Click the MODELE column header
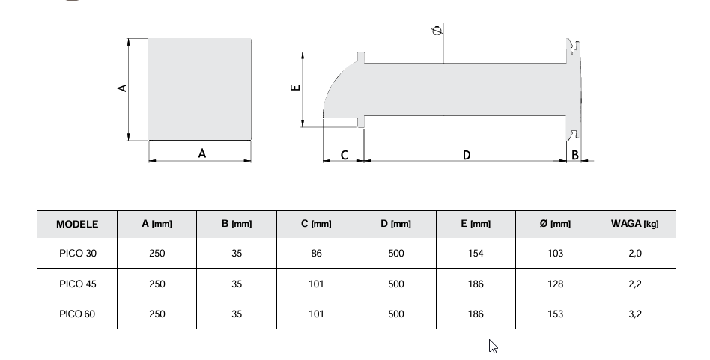pyautogui.click(x=77, y=224)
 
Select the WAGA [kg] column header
pyautogui.click(x=634, y=224)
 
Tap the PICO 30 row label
pyautogui.click(x=78, y=254)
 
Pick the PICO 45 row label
pyautogui.click(x=78, y=284)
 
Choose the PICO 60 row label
pyautogui.click(x=78, y=314)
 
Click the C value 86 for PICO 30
pyautogui.click(x=317, y=254)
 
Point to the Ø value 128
pyautogui.click(x=555, y=284)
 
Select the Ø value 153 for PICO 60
pyautogui.click(x=555, y=314)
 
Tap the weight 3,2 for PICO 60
pyautogui.click(x=635, y=314)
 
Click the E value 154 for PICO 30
pyautogui.click(x=476, y=254)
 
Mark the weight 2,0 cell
pyautogui.click(x=635, y=254)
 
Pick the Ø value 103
pyautogui.click(x=555, y=254)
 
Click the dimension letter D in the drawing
pyautogui.click(x=467, y=155)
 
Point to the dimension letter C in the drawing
pyautogui.click(x=344, y=155)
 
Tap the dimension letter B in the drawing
pyautogui.click(x=575, y=155)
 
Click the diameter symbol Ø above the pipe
pyautogui.click(x=437, y=31)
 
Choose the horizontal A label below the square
pyautogui.click(x=201, y=153)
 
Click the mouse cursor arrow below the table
pyautogui.click(x=493, y=345)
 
